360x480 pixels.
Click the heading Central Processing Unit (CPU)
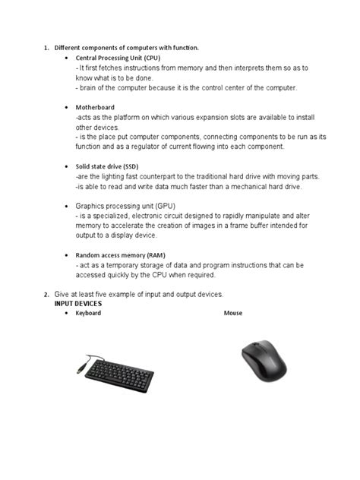117,58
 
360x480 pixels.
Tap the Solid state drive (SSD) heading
106,166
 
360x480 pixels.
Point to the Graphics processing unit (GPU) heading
122,206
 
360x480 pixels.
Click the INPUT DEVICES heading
77,303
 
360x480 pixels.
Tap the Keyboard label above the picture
87,313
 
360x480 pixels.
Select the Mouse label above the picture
233,313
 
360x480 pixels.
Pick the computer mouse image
264,360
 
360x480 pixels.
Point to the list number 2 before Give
46,294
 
